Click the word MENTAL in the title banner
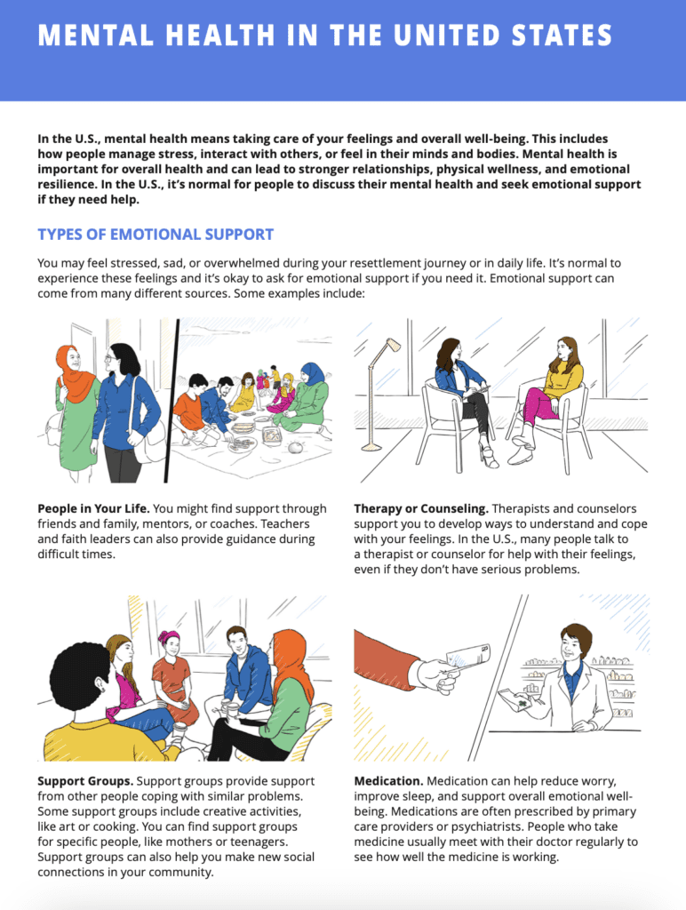coord(96,35)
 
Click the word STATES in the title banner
coord(562,35)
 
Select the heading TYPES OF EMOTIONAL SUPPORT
coord(156,235)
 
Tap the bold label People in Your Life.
coord(93,509)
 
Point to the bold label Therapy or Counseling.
coord(421,509)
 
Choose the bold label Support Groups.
coord(85,781)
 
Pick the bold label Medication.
coord(388,781)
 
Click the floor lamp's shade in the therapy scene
coord(394,346)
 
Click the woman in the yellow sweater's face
coord(564,350)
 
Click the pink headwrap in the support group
coord(168,637)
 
